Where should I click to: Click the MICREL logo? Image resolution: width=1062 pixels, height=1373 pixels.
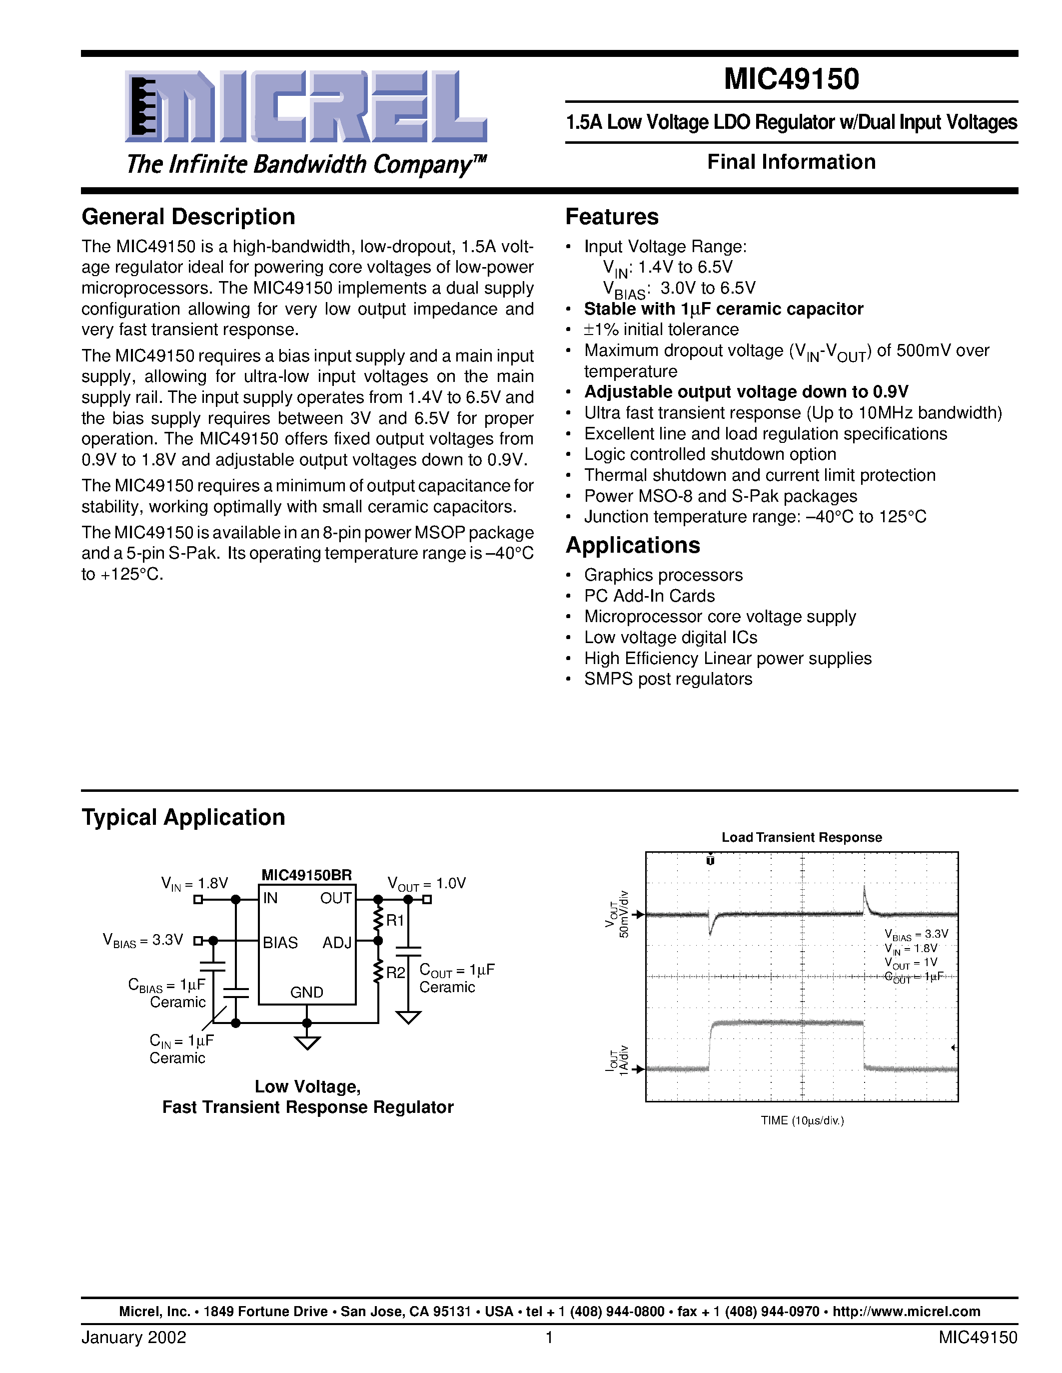tap(306, 107)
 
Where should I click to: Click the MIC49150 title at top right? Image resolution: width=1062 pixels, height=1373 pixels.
tap(791, 79)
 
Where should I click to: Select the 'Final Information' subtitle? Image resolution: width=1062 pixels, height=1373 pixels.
tap(791, 162)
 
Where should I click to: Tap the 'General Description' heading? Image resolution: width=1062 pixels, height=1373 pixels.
tap(188, 217)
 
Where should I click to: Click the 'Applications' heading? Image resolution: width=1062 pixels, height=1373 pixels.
tap(632, 545)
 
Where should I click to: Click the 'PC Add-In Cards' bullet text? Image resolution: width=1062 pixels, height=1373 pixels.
tap(649, 596)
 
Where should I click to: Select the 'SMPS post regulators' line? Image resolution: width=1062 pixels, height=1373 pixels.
tap(668, 679)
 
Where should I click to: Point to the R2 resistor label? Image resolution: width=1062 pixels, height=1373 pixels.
tap(395, 973)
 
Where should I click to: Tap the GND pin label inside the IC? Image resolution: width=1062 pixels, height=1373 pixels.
tap(306, 992)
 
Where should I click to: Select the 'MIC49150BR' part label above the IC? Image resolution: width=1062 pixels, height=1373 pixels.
tap(306, 875)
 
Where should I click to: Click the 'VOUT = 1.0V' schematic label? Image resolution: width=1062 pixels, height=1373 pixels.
tap(427, 884)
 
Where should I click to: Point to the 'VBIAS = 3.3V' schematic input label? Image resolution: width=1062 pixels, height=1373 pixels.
tap(143, 941)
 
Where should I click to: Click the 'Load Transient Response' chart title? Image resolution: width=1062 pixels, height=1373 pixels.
tap(801, 837)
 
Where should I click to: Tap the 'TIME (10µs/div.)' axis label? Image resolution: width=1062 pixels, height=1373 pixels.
tap(802, 1120)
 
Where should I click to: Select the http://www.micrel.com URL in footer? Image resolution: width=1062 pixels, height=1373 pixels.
tap(906, 1312)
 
